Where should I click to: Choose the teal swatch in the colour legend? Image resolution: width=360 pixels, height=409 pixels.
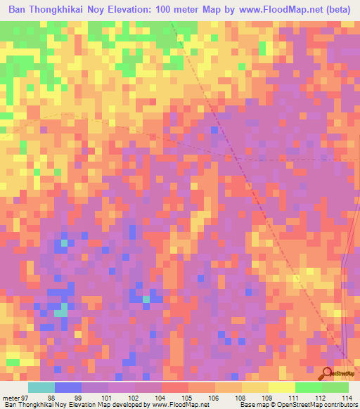pyautogui.click(x=41, y=387)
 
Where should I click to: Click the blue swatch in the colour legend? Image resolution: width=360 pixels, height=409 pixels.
pyautogui.click(x=68, y=387)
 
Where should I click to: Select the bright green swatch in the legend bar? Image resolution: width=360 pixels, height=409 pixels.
pyautogui.click(x=308, y=387)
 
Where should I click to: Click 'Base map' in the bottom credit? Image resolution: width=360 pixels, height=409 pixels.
pyautogui.click(x=252, y=405)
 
